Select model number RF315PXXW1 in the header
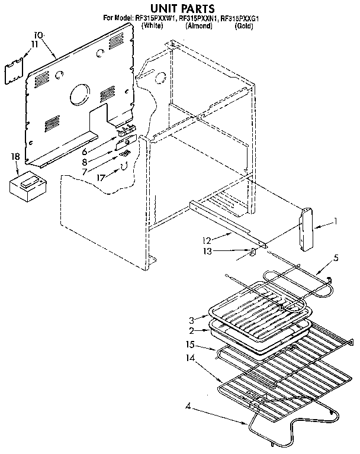(157, 19)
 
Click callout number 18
(15, 156)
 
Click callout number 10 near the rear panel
(38, 35)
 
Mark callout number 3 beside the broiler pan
(192, 320)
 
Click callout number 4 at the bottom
(187, 405)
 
